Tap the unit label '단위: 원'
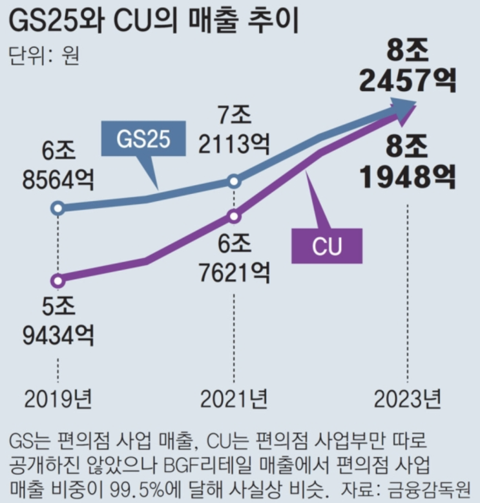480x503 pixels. coord(44,56)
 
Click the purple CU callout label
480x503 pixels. coord(326,246)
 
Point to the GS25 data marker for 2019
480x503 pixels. coord(58,208)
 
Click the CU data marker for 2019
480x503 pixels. coord(58,281)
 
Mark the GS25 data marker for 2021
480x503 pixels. coord(235,182)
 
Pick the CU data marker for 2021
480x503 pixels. coord(235,216)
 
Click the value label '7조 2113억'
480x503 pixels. coord(235,131)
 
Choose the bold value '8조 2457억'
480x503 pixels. coord(408,65)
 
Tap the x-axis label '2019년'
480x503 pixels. coord(59,399)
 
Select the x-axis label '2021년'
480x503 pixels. coord(234,399)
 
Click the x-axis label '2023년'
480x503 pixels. coord(408,399)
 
